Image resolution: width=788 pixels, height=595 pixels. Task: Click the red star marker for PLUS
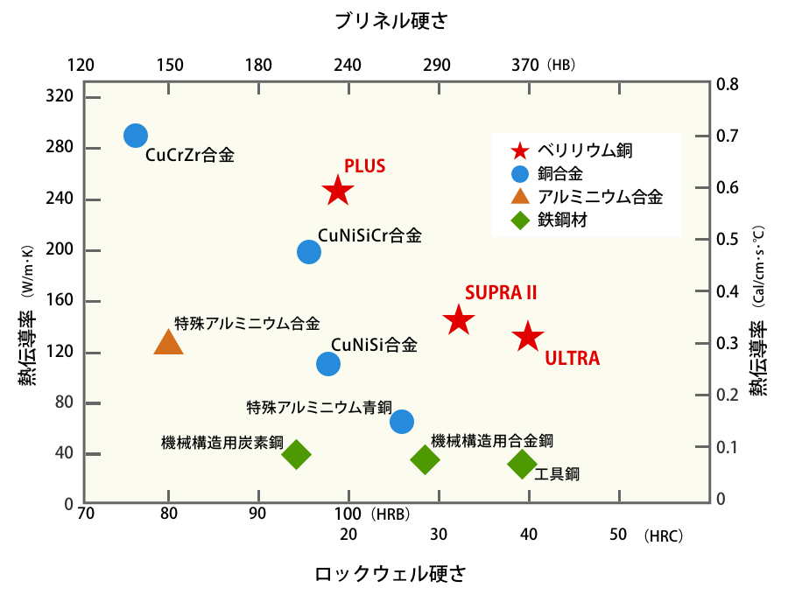[338, 190]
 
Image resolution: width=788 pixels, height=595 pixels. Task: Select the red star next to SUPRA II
[458, 320]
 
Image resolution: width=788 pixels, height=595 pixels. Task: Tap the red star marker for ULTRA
[528, 336]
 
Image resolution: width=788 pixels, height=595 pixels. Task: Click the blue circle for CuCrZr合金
[135, 135]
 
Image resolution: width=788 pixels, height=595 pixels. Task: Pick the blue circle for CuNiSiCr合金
[309, 252]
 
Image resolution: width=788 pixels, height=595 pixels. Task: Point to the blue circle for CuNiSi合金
[328, 364]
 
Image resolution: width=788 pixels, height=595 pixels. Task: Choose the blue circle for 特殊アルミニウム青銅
[402, 422]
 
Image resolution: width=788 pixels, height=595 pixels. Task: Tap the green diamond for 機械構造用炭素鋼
[296, 454]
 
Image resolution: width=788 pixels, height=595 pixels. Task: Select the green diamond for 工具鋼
[522, 464]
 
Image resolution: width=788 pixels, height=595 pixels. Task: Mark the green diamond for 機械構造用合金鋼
[426, 459]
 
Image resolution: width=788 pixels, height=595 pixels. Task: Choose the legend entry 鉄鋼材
[561, 220]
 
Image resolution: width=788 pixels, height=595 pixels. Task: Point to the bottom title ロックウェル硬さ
[390, 574]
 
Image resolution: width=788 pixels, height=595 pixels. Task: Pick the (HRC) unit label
[662, 535]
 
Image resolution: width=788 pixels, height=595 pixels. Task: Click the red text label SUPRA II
[501, 292]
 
